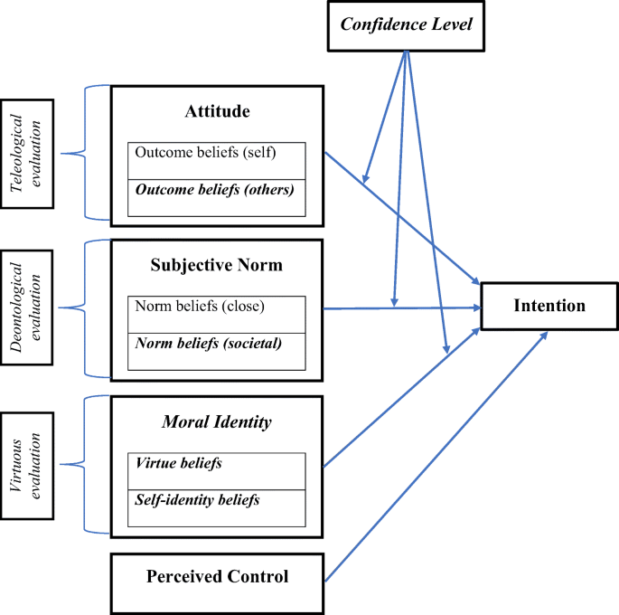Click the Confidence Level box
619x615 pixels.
[x=407, y=23]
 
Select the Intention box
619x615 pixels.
[x=549, y=306]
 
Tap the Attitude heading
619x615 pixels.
[x=216, y=112]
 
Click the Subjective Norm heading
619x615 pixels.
[x=216, y=265]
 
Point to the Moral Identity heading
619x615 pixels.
[x=216, y=421]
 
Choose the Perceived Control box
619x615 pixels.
[x=216, y=576]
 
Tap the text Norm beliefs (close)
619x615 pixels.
[x=200, y=306]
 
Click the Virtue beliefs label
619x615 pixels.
[x=179, y=462]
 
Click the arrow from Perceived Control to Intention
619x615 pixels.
[x=434, y=457]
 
